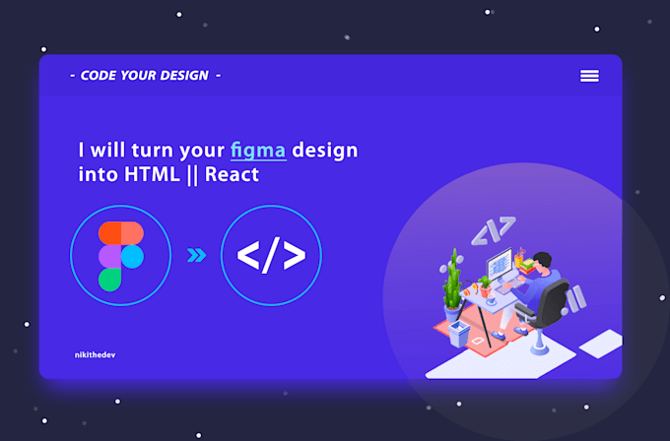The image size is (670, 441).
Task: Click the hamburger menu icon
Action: pyautogui.click(x=589, y=76)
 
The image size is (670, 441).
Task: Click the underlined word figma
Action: pyautogui.click(x=258, y=151)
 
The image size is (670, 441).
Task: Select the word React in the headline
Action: pyautogui.click(x=233, y=175)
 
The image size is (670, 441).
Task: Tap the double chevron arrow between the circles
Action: pyautogui.click(x=197, y=256)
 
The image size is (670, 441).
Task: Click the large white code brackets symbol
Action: pyautogui.click(x=271, y=256)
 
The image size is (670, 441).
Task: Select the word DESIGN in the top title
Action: pyautogui.click(x=176, y=76)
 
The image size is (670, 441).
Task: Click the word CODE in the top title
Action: pyautogui.click(x=98, y=76)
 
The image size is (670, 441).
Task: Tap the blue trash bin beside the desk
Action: pyautogui.click(x=458, y=332)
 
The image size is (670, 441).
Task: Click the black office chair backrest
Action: pyautogui.click(x=553, y=300)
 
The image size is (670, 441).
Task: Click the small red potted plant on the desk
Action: pyautogui.click(x=485, y=286)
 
